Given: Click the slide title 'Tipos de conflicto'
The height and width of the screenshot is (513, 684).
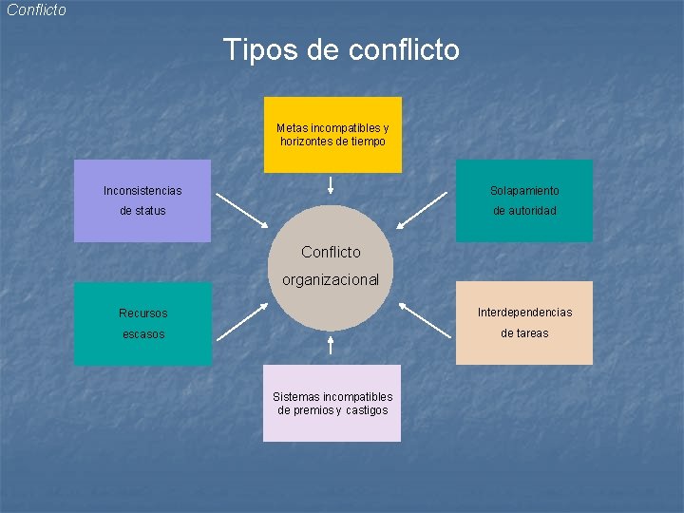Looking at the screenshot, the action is tap(341, 49).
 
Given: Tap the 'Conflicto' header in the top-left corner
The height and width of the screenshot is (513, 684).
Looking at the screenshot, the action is tap(36, 10).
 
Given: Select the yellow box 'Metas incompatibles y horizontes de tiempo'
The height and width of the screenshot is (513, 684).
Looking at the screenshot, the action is tap(332, 134).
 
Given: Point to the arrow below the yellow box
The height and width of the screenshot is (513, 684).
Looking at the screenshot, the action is tap(331, 184).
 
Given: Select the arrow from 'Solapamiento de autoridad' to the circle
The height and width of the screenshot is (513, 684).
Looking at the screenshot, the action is tap(422, 211).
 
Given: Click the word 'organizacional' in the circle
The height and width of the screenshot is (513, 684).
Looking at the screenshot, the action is tap(331, 280).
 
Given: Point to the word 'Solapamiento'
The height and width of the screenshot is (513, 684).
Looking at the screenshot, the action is tap(524, 191).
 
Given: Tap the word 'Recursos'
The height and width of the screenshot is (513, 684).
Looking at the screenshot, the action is tap(142, 313).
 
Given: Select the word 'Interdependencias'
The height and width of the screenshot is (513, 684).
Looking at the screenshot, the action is tap(524, 313).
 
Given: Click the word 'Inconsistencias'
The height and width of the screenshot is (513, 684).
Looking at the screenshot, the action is tap(142, 191).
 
